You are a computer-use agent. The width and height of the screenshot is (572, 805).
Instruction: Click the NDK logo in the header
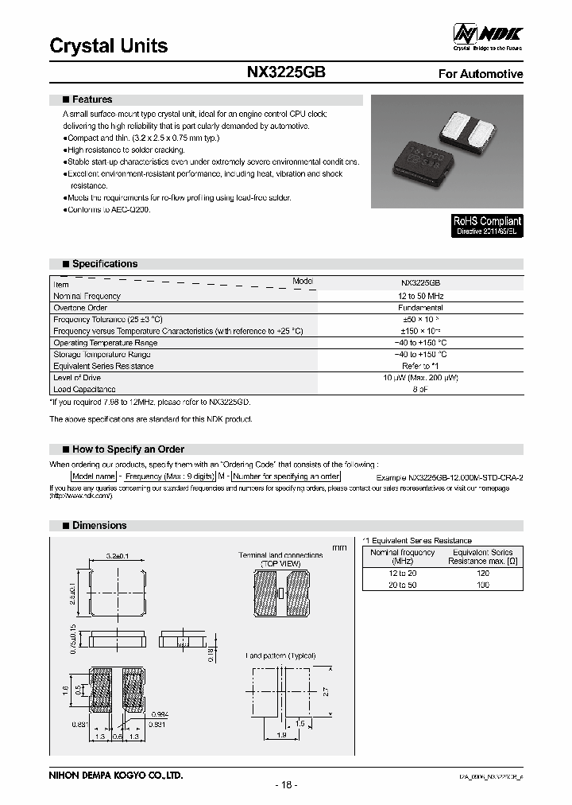coord(488,34)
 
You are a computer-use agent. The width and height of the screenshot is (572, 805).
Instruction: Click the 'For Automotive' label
coord(481,74)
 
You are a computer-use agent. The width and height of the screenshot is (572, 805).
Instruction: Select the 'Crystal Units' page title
coord(109,45)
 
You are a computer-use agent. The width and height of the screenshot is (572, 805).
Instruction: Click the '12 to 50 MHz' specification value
coord(421,296)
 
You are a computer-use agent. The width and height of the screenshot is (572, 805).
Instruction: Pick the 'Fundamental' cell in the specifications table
coord(421,308)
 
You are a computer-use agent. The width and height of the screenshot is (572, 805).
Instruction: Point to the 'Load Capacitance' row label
coord(84,390)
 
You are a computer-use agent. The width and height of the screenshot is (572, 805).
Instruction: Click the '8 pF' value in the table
coord(421,390)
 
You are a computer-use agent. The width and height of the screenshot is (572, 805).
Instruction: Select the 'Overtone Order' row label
coord(81,308)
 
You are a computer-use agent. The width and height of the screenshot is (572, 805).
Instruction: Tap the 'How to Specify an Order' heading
coord(128,449)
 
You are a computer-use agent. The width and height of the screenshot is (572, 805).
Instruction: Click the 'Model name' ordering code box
coord(95,476)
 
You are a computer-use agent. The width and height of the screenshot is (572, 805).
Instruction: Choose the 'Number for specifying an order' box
coord(287,476)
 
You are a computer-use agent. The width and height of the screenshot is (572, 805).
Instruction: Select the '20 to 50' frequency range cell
coord(402,585)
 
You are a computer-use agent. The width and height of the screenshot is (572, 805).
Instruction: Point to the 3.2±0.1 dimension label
coord(118,554)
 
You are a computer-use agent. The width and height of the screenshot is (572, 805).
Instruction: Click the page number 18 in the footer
coord(286,785)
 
